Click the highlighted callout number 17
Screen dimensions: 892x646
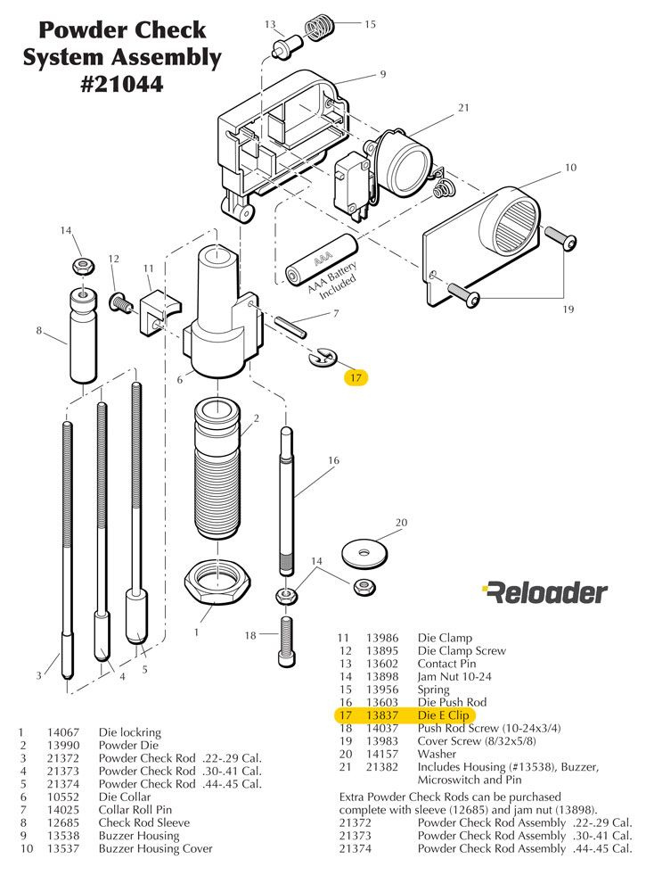click(356, 378)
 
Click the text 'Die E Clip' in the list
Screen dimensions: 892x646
click(442, 715)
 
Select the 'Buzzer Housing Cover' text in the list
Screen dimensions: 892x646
click(155, 848)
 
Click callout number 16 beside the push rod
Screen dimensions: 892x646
click(333, 460)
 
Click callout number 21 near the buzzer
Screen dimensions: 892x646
click(463, 108)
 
